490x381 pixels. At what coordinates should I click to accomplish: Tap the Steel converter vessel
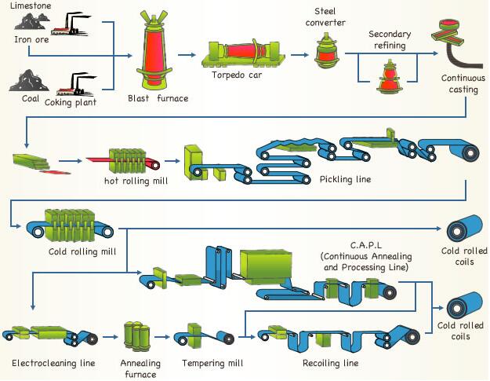click(326, 50)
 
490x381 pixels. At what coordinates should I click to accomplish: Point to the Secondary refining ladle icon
click(390, 76)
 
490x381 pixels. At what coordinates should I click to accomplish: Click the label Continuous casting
click(463, 83)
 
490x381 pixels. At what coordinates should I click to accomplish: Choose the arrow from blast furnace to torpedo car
click(187, 55)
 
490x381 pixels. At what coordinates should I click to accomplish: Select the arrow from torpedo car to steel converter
click(299, 55)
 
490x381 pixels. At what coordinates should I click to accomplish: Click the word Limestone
click(31, 5)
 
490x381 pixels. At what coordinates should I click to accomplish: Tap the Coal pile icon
click(29, 80)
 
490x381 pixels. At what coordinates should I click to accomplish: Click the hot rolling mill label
click(136, 181)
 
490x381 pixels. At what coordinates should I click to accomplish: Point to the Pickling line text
click(345, 179)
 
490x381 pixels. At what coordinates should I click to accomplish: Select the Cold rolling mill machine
click(70, 225)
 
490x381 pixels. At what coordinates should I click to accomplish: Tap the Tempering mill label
click(212, 363)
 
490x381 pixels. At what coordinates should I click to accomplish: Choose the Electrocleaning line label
click(53, 363)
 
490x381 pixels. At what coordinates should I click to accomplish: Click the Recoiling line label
click(330, 363)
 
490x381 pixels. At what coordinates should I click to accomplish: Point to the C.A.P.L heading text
click(366, 245)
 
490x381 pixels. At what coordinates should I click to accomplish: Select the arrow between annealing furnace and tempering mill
click(162, 337)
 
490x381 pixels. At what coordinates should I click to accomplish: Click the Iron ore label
click(31, 39)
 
